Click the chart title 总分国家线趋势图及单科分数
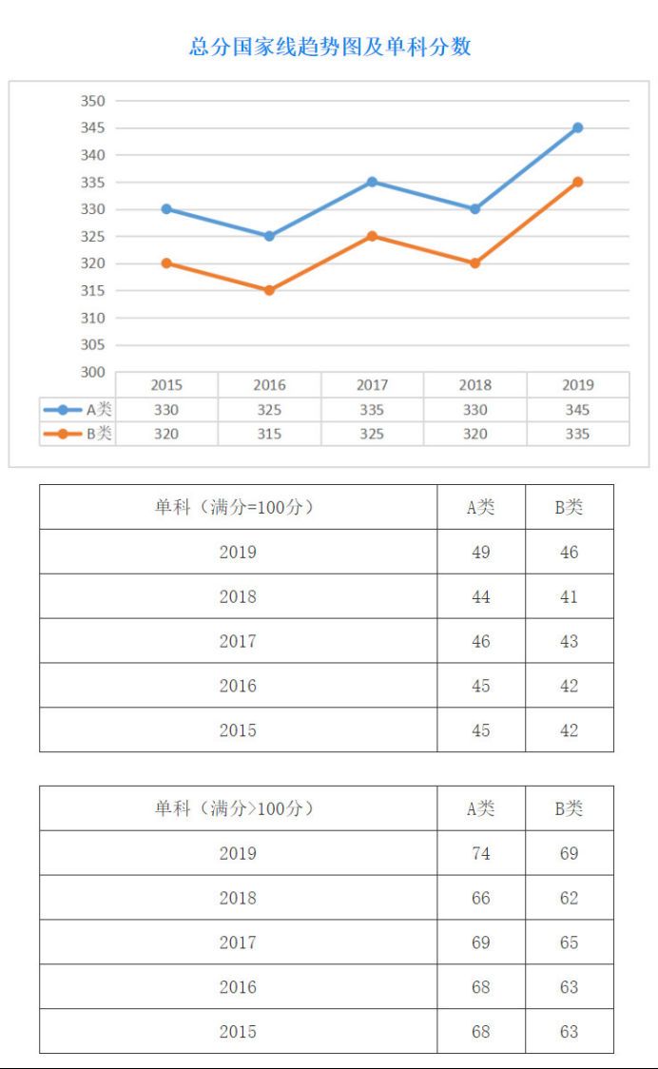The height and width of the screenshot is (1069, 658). pos(330,47)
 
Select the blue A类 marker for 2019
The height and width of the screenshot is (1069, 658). pos(577,127)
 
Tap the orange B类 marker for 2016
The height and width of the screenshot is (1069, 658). pos(269,290)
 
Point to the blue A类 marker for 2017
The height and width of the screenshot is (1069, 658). pos(372,182)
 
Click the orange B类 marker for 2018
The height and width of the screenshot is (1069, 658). pos(474,263)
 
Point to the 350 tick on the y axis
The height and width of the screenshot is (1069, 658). pos(94,101)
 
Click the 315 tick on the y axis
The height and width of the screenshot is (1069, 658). pos(94,291)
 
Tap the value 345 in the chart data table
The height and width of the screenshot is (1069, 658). pos(577,410)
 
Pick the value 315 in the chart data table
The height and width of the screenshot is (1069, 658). pos(269,434)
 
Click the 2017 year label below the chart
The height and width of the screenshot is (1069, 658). pos(372,385)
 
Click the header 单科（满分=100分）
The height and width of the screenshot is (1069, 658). pos(237,507)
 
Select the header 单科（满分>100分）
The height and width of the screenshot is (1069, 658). pos(237,808)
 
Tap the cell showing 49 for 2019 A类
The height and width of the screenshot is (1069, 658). pos(481,552)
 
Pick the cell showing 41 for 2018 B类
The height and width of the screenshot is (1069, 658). pos(569,596)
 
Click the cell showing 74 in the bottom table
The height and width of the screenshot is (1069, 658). pos(481,853)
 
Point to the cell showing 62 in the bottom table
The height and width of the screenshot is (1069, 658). pos(569,898)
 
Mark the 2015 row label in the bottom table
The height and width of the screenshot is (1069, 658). pos(237,1031)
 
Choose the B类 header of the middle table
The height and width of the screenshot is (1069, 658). pos(569,507)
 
